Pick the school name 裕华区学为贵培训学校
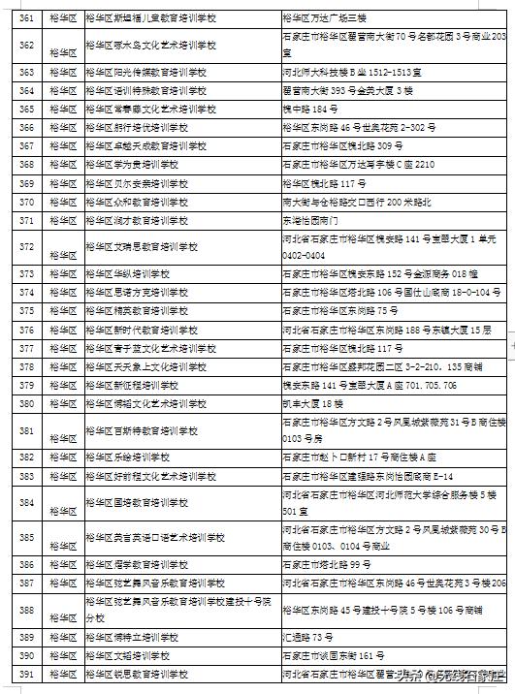[x=132, y=165]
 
